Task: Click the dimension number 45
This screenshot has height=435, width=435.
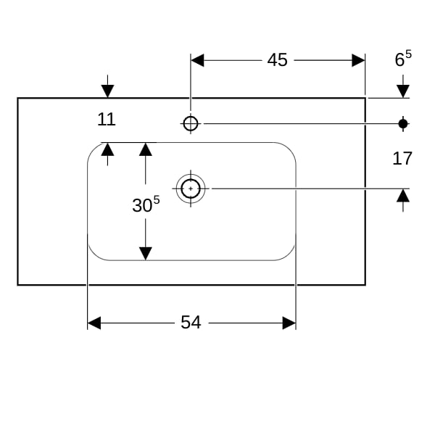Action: click(x=277, y=60)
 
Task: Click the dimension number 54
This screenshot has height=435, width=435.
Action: click(x=191, y=323)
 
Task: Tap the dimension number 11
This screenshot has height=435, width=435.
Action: click(x=107, y=120)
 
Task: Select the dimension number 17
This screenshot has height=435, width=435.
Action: click(x=402, y=159)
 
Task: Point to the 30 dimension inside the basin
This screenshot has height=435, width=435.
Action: click(x=142, y=206)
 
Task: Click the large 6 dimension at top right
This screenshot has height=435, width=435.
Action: click(x=399, y=60)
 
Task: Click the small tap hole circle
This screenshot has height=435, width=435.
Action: click(x=191, y=123)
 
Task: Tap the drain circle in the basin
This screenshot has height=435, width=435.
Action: click(x=191, y=188)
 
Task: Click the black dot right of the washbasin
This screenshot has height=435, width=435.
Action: click(x=403, y=124)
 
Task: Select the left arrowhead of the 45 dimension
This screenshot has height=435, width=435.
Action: click(x=197, y=60)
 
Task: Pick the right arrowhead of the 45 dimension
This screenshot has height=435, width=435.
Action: click(x=358, y=60)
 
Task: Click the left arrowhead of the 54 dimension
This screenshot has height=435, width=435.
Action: click(x=94, y=323)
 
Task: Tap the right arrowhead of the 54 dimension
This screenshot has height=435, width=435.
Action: click(x=289, y=323)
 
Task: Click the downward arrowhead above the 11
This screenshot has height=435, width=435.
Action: click(x=107, y=91)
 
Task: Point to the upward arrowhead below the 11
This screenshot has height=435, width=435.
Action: click(x=107, y=149)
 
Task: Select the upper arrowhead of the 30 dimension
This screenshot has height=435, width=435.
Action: click(x=146, y=149)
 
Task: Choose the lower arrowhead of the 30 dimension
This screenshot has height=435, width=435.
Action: click(x=146, y=254)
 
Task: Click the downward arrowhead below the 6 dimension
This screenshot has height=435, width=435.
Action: click(x=403, y=91)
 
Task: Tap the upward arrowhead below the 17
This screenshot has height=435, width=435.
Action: click(x=403, y=196)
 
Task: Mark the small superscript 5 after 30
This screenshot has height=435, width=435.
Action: click(x=157, y=200)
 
